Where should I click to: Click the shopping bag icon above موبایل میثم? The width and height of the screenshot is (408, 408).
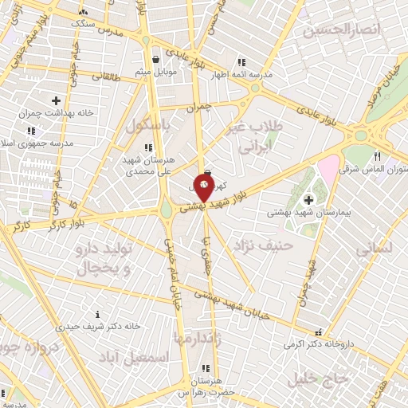point(156,58)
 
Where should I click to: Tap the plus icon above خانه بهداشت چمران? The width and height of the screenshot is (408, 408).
point(55,100)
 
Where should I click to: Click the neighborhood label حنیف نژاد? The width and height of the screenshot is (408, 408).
point(261,245)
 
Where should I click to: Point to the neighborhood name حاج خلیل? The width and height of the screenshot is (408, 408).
point(349,379)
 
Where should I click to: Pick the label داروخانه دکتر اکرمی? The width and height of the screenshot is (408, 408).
point(319,344)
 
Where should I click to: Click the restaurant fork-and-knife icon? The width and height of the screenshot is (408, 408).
point(377,156)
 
